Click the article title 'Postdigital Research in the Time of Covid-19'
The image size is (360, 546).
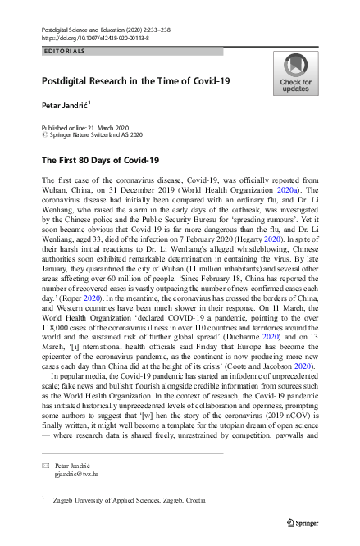(136, 81)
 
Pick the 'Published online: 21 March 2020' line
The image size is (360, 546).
(82, 128)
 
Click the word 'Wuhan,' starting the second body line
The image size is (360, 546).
(55, 190)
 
